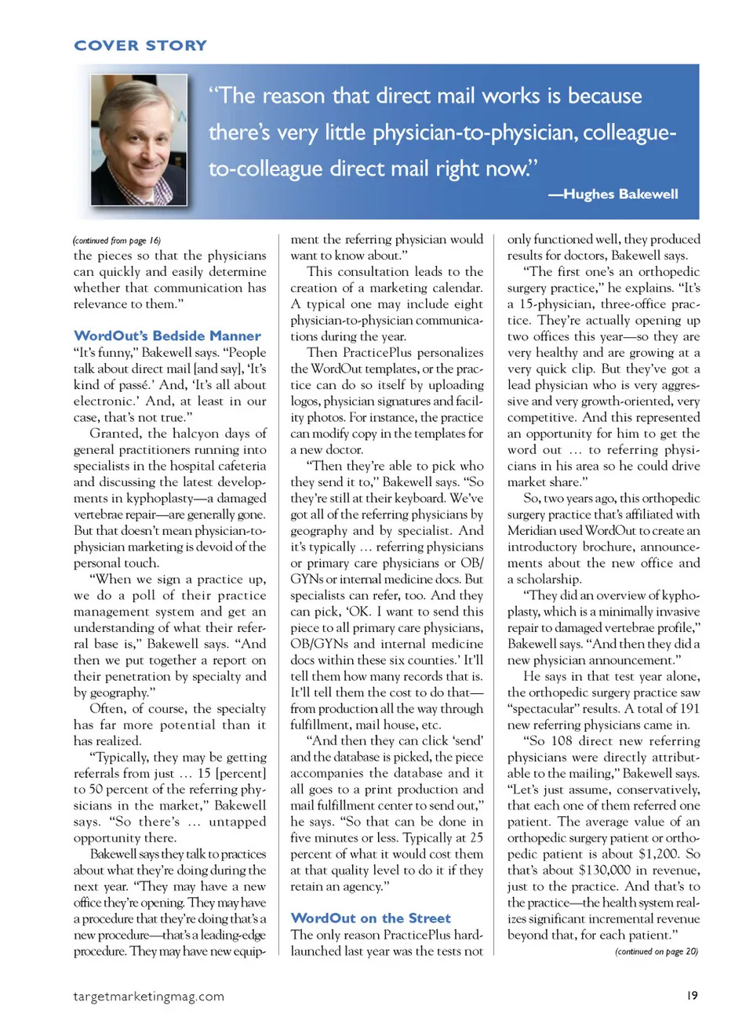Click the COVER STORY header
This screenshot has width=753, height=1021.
(x=140, y=45)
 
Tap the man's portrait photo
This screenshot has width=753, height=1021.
(x=139, y=140)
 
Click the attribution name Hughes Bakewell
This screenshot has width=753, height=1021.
(x=620, y=194)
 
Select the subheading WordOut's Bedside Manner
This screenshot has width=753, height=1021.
(x=167, y=336)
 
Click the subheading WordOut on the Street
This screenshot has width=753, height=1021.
(x=370, y=917)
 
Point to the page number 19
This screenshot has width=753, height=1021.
(x=692, y=995)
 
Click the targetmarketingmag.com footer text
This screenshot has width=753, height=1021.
(x=148, y=996)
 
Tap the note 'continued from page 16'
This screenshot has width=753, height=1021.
(x=117, y=241)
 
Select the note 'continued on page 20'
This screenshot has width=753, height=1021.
(x=656, y=951)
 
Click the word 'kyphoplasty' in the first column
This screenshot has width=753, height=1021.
(x=157, y=498)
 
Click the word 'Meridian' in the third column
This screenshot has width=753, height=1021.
(x=533, y=530)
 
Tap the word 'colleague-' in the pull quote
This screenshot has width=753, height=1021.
(x=629, y=133)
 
